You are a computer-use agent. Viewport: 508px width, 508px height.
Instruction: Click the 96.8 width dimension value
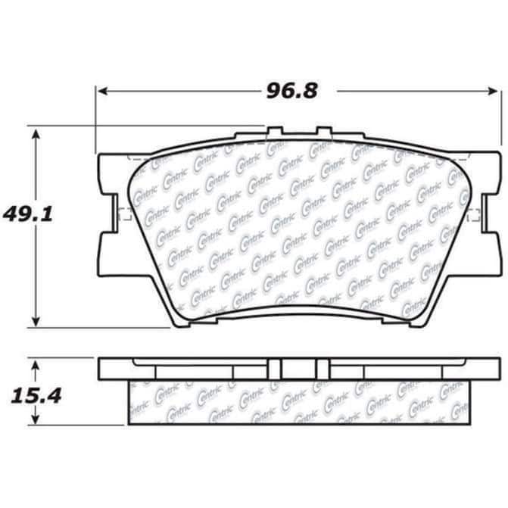[292, 91]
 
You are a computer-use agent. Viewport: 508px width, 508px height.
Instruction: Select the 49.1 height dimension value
[27, 214]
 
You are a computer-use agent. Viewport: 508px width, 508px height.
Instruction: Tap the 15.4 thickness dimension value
[36, 396]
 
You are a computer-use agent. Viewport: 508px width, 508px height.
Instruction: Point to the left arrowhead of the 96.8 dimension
[103, 91]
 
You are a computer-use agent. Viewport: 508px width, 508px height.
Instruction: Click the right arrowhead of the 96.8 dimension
[493, 91]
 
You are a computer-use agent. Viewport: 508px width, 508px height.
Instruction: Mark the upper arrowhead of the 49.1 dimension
[36, 135]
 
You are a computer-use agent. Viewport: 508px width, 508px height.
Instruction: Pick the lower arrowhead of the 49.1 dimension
[36, 322]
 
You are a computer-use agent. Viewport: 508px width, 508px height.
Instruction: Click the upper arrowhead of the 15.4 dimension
[36, 366]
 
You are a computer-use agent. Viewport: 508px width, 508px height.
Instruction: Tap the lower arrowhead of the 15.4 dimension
[36, 419]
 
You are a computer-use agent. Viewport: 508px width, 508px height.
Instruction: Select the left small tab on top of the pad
[275, 130]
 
